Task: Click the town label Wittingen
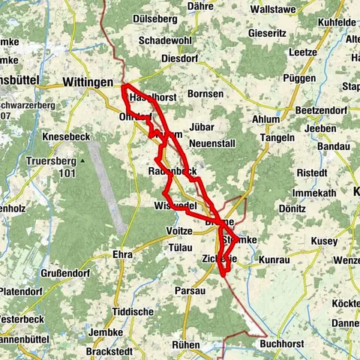(x=88, y=82)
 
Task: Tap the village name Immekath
(x=315, y=193)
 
